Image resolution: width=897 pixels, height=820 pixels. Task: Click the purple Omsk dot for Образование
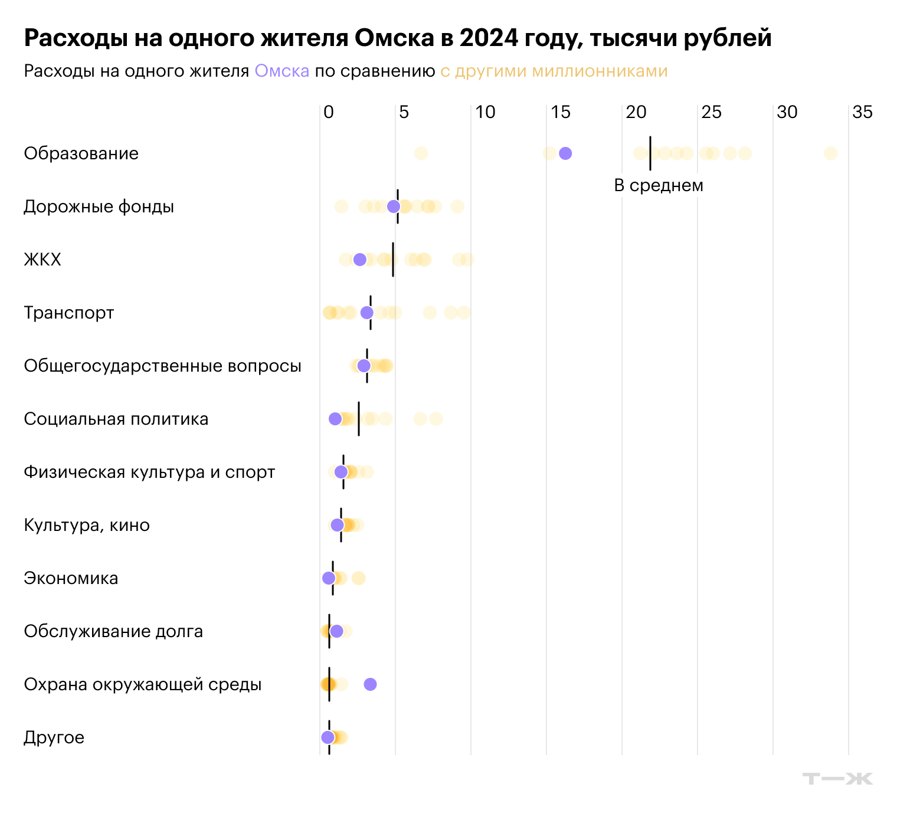[565, 153]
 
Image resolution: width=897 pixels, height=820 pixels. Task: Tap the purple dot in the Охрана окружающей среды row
[370, 684]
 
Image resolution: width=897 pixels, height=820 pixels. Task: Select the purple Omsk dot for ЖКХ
[359, 260]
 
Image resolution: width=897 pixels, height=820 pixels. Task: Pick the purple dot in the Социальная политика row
[335, 419]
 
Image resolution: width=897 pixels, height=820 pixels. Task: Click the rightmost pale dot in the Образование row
[830, 153]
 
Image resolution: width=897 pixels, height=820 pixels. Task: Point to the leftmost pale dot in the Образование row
[421, 153]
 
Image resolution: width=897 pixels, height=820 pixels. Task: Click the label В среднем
[659, 185]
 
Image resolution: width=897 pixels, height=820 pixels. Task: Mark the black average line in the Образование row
[650, 153]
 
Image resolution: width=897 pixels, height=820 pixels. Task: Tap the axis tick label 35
[862, 112]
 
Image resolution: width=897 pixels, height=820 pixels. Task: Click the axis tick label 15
[561, 112]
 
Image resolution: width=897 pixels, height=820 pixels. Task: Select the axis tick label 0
[329, 112]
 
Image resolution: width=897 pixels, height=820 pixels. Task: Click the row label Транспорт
[69, 313]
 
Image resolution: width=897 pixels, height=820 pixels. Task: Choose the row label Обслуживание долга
[113, 631]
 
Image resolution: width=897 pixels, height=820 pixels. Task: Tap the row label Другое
[54, 737]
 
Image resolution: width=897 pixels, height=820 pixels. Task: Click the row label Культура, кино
[87, 525]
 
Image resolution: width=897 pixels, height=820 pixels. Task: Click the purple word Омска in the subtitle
[281, 71]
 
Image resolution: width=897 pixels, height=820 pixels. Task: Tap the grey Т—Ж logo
[837, 779]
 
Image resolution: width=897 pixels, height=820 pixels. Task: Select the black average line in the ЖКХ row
[393, 260]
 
